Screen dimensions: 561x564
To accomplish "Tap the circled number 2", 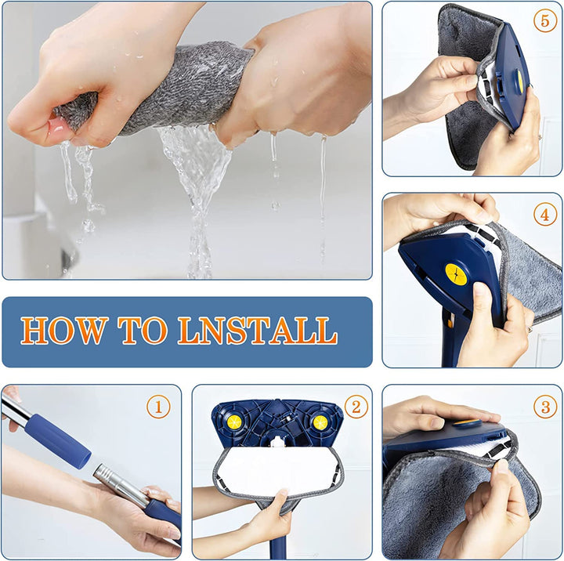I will point(355,407).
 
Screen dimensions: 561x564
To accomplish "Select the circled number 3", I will point(545,407).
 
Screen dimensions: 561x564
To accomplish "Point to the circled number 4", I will point(545,214).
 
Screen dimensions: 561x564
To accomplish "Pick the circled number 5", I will point(545,21).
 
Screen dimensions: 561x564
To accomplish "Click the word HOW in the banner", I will point(62,331).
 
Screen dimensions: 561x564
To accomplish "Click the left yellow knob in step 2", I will point(234,422).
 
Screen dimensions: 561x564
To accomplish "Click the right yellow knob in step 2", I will point(320,422).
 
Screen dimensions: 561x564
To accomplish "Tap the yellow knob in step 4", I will point(456,274).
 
